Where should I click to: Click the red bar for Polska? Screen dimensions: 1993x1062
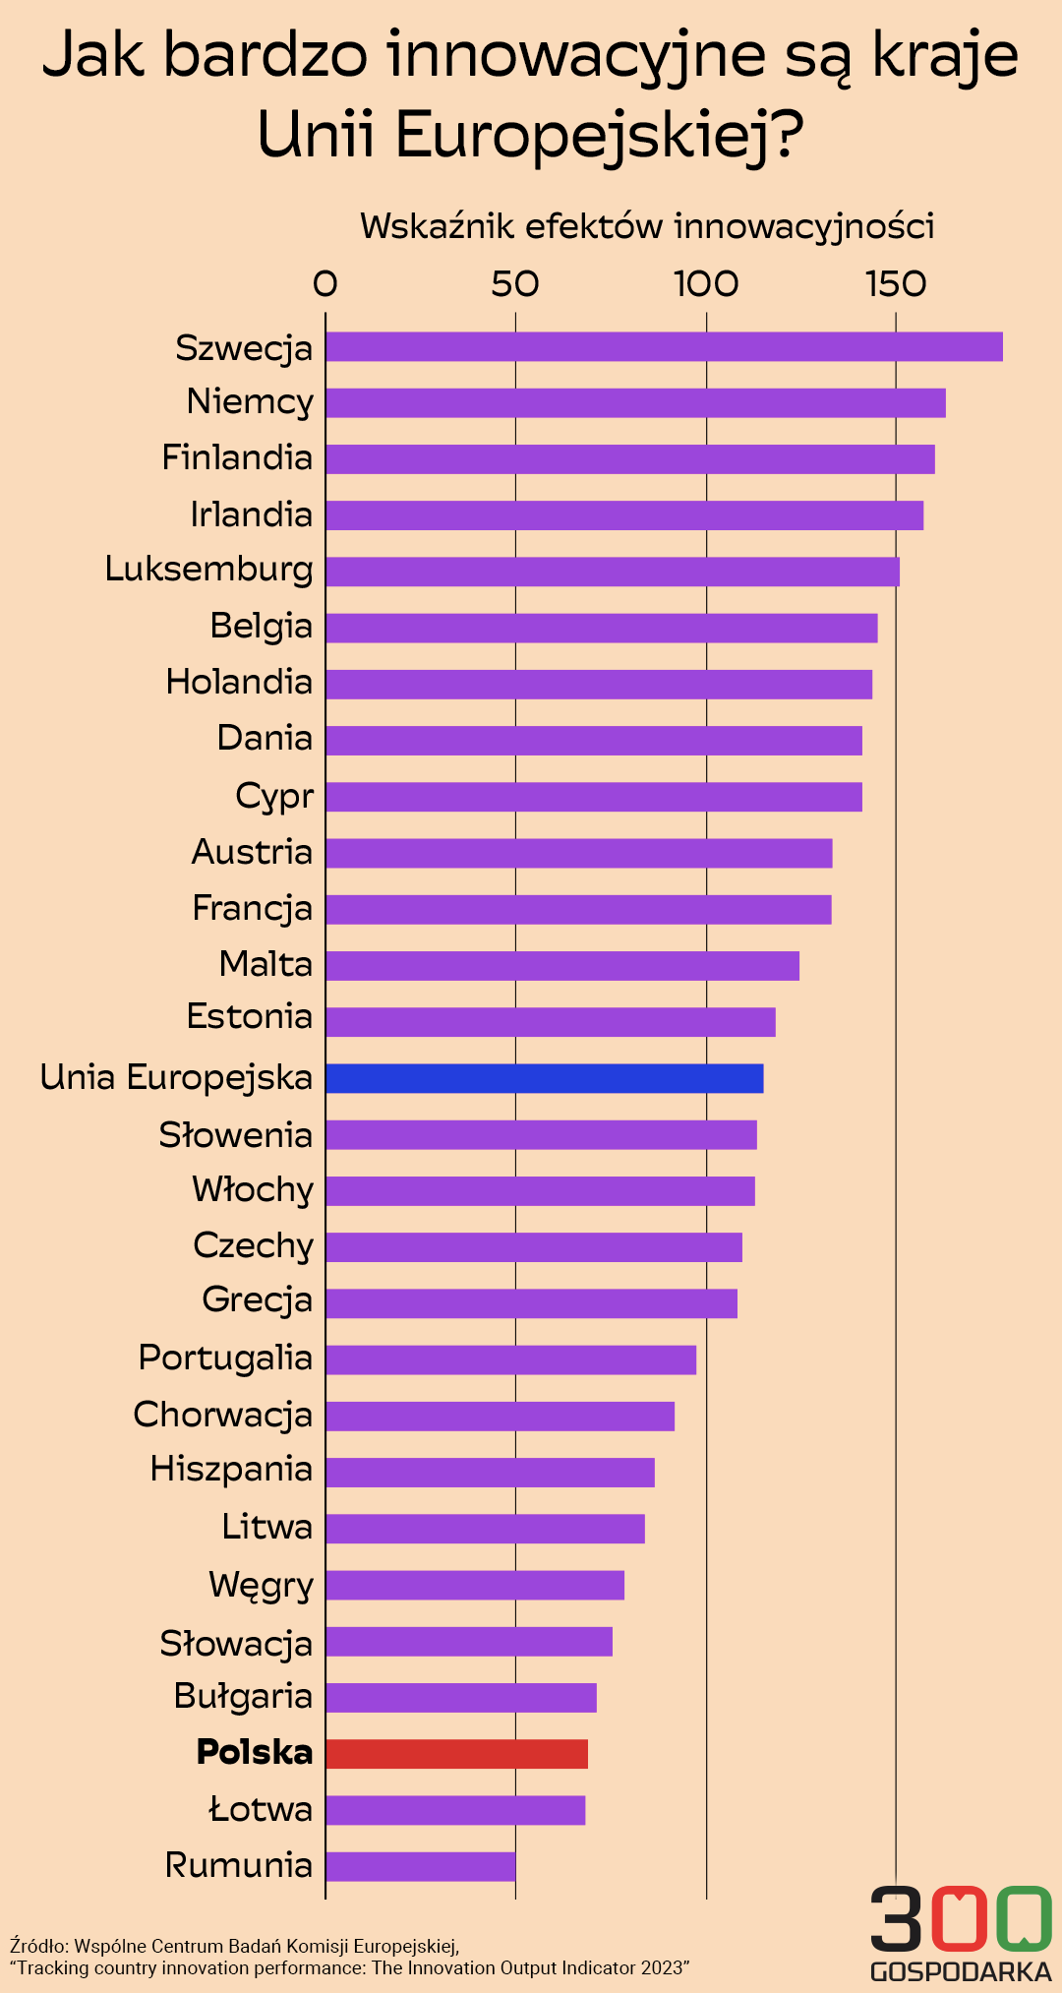pos(456,1754)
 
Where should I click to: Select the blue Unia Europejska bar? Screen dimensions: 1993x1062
pos(544,1078)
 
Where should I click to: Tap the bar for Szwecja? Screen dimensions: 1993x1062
pos(664,347)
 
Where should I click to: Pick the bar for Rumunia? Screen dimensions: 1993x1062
pos(420,1866)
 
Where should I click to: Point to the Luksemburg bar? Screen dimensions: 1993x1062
pos(612,572)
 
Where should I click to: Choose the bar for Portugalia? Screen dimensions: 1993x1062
pos(510,1359)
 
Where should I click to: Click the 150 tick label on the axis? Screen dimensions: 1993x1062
pos(895,284)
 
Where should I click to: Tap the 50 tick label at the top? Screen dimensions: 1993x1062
pos(515,284)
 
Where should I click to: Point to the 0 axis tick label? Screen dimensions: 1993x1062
pos(325,284)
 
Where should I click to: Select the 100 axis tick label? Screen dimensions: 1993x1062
pos(706,284)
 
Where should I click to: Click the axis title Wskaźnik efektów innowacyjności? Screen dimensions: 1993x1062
pos(647,226)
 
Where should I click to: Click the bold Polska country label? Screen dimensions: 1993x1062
pos(255,1752)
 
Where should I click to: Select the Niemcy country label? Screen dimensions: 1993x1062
pos(250,402)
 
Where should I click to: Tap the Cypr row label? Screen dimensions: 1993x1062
pos(274,796)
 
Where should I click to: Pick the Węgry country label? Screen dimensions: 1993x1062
pos(261,1585)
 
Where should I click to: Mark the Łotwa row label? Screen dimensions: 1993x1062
pos(261,1809)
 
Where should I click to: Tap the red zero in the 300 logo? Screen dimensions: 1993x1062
pos(953,1918)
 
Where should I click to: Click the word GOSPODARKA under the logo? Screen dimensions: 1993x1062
pos(961,1971)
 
